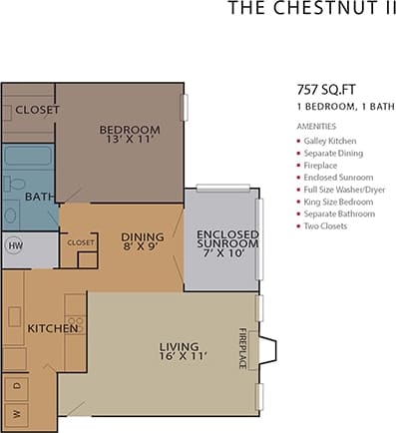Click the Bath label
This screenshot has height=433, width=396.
39,198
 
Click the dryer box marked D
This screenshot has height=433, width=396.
15,384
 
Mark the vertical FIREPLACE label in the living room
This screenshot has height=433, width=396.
241,348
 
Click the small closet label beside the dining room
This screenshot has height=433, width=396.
80,242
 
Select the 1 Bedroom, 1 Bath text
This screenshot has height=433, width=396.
337,106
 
